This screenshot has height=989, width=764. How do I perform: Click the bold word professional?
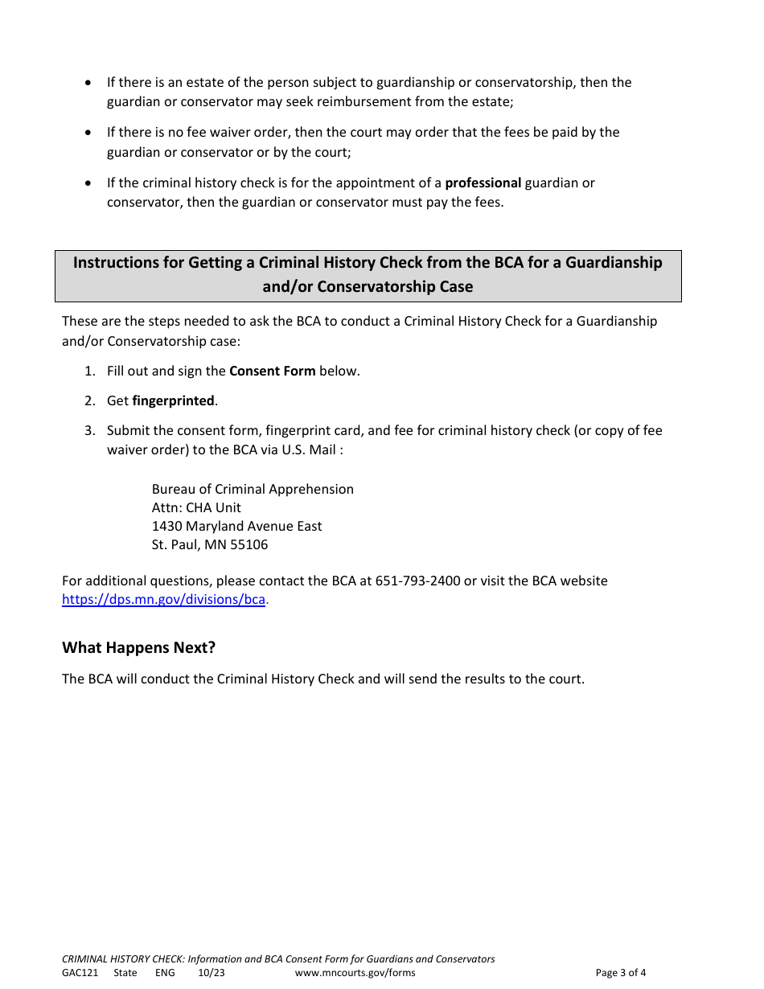click(483, 183)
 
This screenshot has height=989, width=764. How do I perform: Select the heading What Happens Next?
click(139, 648)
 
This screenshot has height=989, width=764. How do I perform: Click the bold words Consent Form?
click(272, 371)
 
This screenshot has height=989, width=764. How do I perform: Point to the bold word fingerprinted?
click(173, 401)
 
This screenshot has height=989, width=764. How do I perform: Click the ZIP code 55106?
click(249, 545)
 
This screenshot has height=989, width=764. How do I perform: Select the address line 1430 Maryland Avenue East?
click(236, 527)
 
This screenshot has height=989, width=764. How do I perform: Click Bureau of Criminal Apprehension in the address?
click(253, 490)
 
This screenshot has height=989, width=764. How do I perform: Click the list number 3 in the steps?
click(89, 431)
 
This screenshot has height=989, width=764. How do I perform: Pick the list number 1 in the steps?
click(89, 371)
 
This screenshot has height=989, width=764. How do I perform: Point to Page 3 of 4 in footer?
click(620, 973)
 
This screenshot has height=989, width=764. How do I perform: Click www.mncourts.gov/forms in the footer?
click(355, 973)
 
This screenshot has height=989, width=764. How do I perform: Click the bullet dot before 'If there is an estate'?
click(88, 83)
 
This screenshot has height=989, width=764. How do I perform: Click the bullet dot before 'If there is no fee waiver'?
click(88, 133)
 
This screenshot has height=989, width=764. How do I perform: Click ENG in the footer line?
click(165, 973)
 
